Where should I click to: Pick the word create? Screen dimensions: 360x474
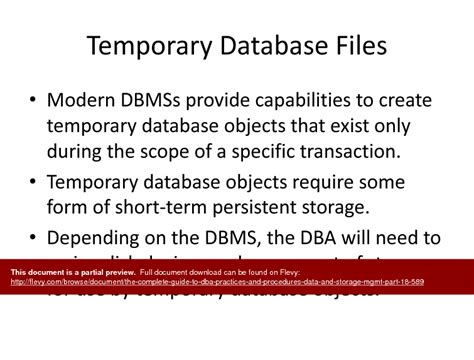(404, 102)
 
